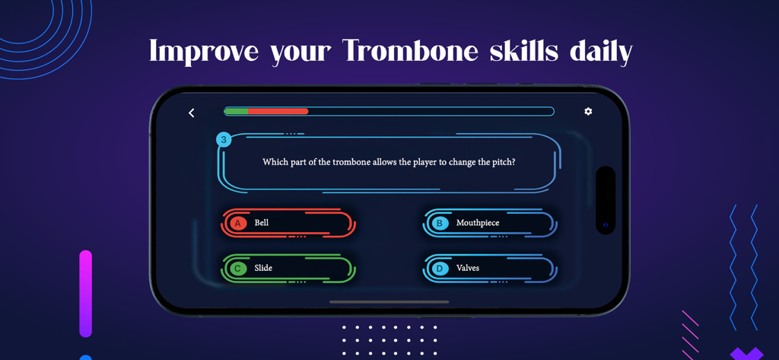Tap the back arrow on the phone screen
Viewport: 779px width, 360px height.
[192, 113]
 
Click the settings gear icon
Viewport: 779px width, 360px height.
[588, 111]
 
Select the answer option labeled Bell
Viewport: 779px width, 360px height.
[289, 223]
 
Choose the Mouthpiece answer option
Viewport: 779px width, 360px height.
[491, 223]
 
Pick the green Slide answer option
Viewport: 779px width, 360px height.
[289, 268]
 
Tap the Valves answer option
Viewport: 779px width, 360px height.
[491, 268]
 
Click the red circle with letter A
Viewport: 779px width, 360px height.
[238, 223]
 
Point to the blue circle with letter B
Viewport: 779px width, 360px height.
[440, 223]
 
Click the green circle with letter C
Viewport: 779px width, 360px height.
[238, 268]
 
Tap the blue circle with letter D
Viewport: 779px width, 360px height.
[440, 268]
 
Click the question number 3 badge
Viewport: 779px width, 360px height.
[224, 139]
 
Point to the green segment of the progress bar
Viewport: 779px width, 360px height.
[237, 112]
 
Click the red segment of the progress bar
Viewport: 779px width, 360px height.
[278, 112]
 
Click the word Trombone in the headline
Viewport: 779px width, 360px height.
[410, 52]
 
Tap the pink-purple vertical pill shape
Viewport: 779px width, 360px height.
[85, 293]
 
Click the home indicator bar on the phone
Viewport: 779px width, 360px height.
[389, 302]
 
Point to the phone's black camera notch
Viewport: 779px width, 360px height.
[606, 200]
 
